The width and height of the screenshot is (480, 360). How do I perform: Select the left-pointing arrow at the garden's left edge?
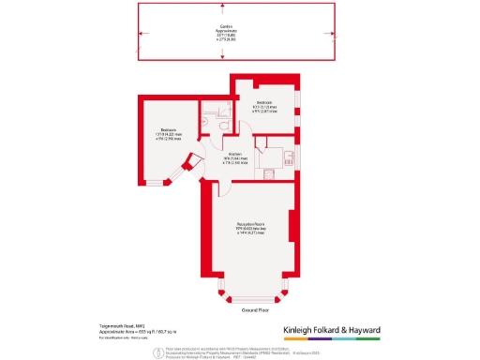[142, 31]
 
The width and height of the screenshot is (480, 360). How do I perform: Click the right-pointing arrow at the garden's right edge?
[338, 31]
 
